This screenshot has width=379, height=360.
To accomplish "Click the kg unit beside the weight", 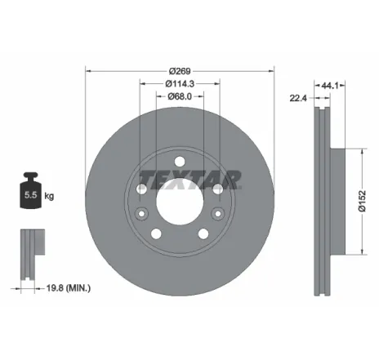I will tap(49, 196).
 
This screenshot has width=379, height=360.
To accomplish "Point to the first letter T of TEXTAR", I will tap(146, 179).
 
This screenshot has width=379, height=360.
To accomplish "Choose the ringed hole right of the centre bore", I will tap(216, 189).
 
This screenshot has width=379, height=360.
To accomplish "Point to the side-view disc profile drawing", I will tap(323, 196).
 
